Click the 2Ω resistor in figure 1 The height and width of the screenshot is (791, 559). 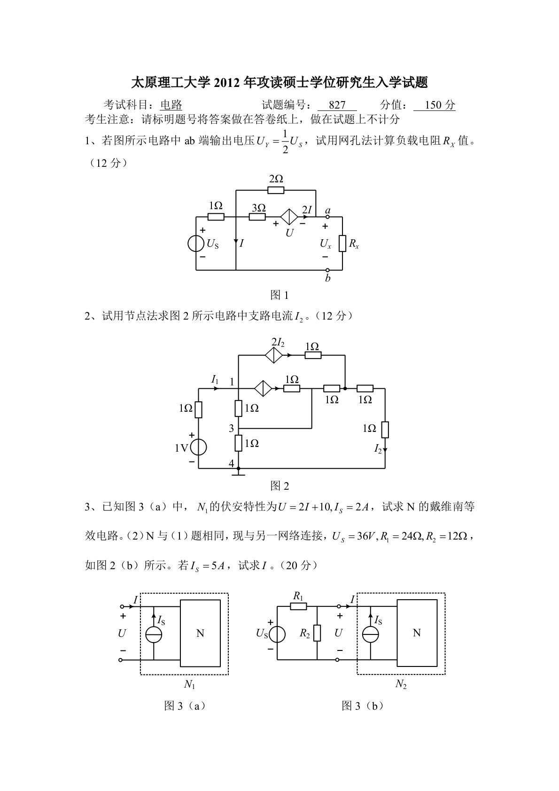point(276,190)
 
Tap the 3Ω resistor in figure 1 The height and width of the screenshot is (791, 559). point(257,217)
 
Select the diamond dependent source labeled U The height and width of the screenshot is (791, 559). point(289,217)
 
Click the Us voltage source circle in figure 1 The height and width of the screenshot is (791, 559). point(196,244)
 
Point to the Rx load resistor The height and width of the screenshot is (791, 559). point(342,243)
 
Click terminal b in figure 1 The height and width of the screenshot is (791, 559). point(328,271)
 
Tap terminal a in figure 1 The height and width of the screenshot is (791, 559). point(328,217)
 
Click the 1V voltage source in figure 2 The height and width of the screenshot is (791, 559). point(198,447)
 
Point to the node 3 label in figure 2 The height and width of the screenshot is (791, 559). point(231,428)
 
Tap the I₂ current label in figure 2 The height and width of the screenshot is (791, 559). point(378,449)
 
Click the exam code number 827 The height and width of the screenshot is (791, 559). point(337,105)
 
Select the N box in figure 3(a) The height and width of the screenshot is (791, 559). point(200,633)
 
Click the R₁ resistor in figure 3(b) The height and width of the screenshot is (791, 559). point(298,606)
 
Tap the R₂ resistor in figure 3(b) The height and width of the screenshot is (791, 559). point(318,633)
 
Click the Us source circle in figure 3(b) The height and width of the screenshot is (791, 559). point(277,634)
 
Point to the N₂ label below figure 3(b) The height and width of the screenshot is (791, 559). point(401,684)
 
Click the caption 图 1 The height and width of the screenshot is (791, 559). point(279,295)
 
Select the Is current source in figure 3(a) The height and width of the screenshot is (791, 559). point(154,634)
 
